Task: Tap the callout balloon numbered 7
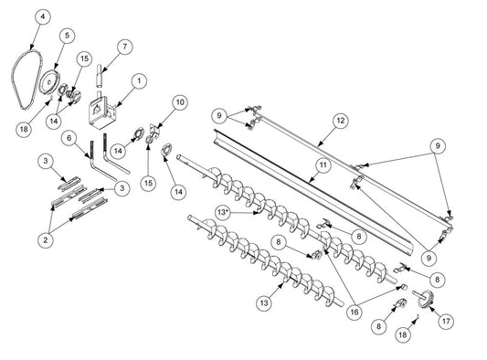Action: pos(126,46)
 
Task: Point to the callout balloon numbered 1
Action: pos(137,80)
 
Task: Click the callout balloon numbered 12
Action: pos(316,121)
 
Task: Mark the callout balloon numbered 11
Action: pos(322,164)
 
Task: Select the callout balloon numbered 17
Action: pos(447,321)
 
